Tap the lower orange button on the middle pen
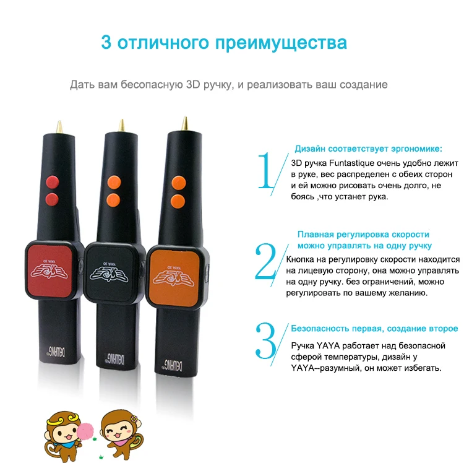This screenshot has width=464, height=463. (x=113, y=200)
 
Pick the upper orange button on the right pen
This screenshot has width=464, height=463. (x=179, y=181)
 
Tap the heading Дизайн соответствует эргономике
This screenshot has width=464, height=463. (x=367, y=149)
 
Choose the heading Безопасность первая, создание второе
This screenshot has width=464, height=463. (x=374, y=329)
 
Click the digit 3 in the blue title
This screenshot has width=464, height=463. (x=106, y=43)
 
